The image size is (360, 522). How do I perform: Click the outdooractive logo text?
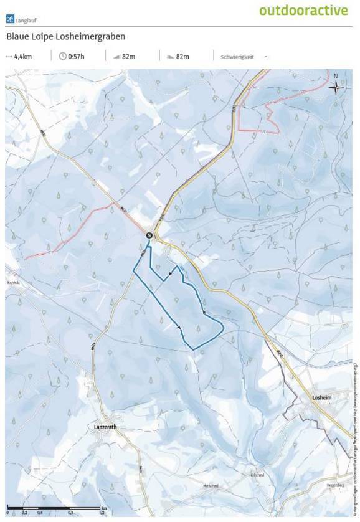(x=303, y=11)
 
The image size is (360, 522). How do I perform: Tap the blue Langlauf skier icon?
(x=9, y=19)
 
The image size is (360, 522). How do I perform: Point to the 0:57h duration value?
(x=77, y=57)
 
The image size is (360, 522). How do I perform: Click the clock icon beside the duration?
(x=62, y=57)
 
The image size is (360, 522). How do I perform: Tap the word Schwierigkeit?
(x=237, y=57)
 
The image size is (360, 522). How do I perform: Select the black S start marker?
(x=149, y=235)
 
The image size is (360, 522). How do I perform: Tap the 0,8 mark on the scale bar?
(x=70, y=513)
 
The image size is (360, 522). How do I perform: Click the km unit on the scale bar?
(x=103, y=508)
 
